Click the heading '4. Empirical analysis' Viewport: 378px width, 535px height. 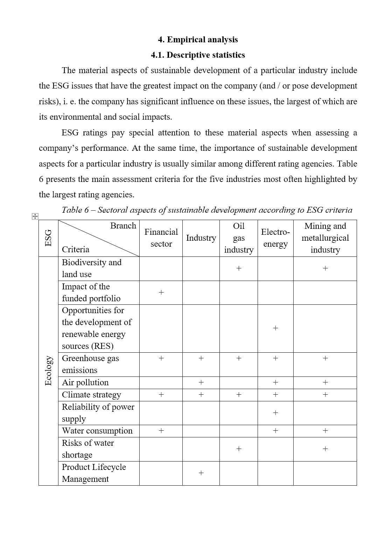coord(198,40)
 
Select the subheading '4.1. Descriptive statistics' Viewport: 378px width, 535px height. coord(198,55)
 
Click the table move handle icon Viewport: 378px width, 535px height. coord(35,217)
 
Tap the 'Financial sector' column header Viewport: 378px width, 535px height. coord(161,238)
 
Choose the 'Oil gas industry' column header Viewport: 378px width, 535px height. coord(239,238)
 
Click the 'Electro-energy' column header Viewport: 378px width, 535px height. coord(275,238)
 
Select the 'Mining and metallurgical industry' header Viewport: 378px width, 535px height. coord(325,238)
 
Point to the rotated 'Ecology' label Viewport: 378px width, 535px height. coord(48,371)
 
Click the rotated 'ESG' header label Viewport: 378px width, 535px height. coord(48,238)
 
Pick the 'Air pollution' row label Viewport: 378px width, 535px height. coord(85,382)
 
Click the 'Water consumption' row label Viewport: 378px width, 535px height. coord(97,431)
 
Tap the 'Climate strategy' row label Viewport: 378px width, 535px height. coord(91,395)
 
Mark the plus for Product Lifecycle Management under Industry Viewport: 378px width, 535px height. coord(201,473)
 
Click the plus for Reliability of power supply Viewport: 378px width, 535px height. coord(275,413)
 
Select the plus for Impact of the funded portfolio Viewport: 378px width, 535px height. coord(161,293)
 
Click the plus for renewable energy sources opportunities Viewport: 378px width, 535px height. coord(275,328)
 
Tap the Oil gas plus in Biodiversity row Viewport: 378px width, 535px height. coord(239,268)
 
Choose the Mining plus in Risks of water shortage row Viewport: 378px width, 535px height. coord(325,449)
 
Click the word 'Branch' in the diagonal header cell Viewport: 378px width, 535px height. coord(123,226)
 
